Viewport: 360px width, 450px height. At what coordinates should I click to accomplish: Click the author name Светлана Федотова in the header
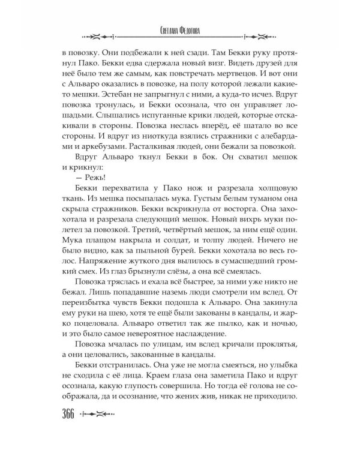(180, 35)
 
